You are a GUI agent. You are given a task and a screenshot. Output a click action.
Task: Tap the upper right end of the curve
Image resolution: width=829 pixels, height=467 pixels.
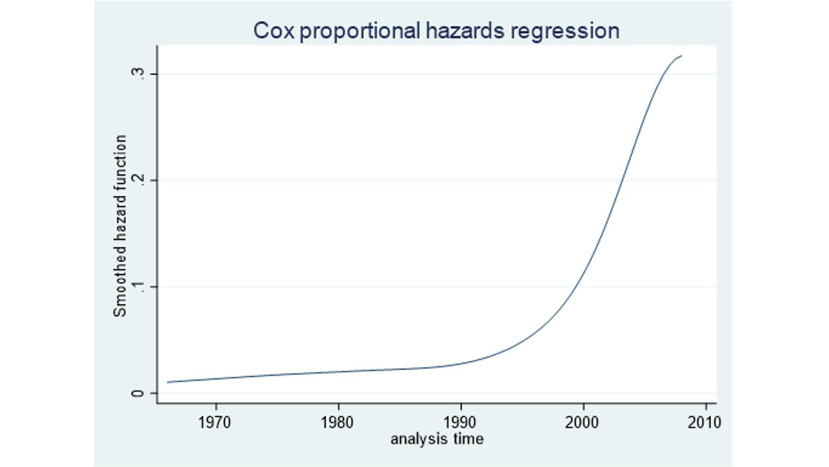coord(681,55)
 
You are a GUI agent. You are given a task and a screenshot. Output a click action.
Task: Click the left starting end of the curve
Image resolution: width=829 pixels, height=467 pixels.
coord(167,382)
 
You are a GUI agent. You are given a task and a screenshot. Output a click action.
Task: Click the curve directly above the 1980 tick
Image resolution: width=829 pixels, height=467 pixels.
coord(338,371)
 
